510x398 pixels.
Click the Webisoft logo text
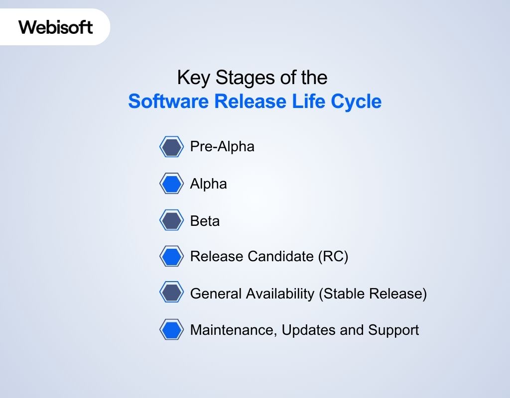[x=55, y=27]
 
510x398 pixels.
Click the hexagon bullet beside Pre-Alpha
[x=171, y=147]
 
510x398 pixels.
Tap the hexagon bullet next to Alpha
[x=171, y=184]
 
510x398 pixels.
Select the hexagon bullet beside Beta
[x=171, y=220]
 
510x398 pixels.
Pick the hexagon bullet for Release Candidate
[x=171, y=257]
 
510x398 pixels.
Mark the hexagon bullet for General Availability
[x=171, y=294]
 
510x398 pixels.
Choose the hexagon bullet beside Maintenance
[x=171, y=330]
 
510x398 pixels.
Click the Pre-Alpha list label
[x=222, y=147]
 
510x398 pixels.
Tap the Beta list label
[x=205, y=220]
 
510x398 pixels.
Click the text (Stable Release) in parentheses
[x=373, y=294]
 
